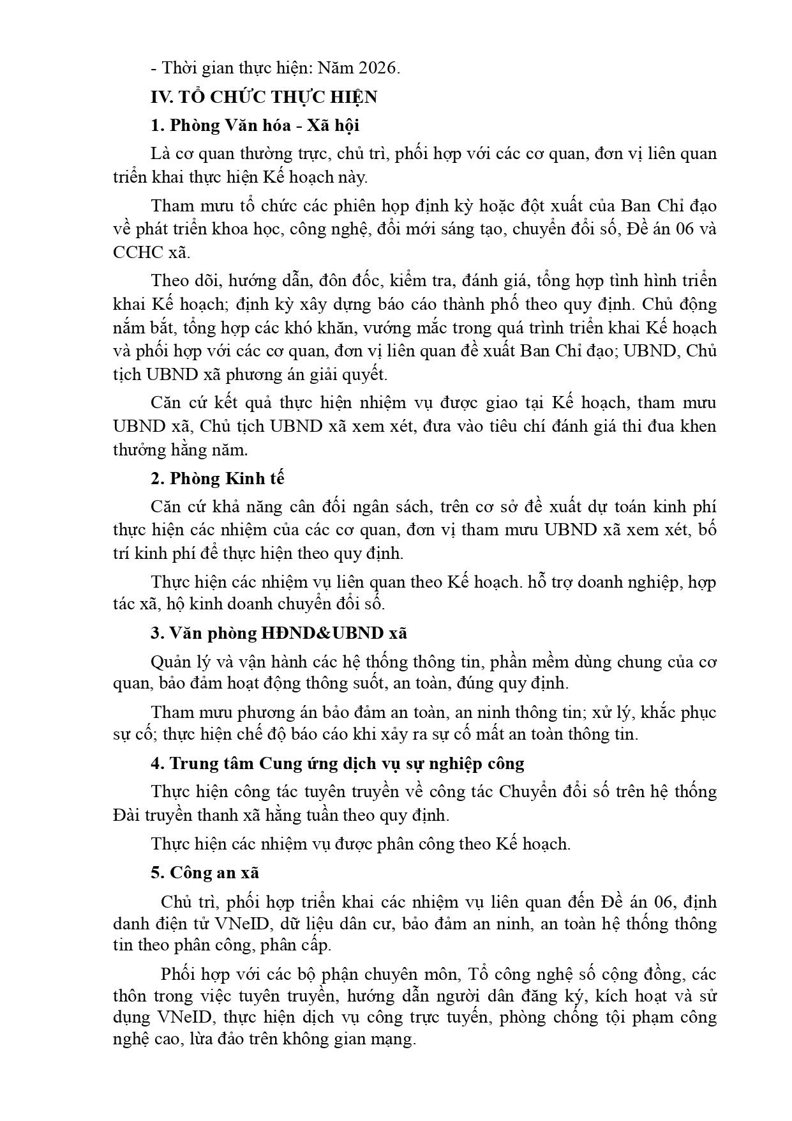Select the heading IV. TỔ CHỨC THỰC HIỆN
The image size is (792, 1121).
(264, 97)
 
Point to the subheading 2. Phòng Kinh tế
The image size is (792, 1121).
(218, 478)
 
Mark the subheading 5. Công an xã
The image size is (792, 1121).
(205, 873)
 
